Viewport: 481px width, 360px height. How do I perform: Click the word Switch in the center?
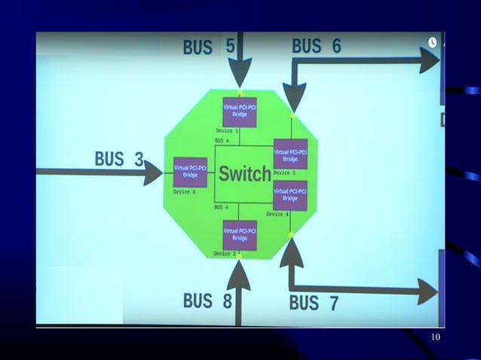[x=244, y=175]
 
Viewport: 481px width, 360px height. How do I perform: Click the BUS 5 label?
[x=208, y=47]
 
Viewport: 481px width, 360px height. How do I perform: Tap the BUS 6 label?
[x=317, y=46]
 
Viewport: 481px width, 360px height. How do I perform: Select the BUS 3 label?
[x=119, y=159]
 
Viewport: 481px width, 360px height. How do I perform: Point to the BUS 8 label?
[x=207, y=301]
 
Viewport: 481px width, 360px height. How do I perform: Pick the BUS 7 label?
[x=314, y=304]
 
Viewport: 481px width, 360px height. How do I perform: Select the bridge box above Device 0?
[x=190, y=172]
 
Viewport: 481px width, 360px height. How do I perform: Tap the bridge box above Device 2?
[x=290, y=154]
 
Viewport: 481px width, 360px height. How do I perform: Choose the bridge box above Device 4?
[x=290, y=195]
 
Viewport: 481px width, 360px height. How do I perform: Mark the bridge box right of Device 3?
[x=240, y=234]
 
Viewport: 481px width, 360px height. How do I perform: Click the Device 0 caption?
[x=184, y=192]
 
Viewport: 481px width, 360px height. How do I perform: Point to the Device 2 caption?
[x=284, y=173]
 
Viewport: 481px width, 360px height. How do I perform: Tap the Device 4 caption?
[x=277, y=215]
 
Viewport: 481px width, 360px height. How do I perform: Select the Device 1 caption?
[x=227, y=131]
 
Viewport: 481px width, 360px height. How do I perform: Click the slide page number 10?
[x=435, y=337]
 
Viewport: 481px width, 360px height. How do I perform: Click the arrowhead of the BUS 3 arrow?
[x=154, y=172]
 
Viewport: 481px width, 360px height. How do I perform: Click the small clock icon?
[x=433, y=42]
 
